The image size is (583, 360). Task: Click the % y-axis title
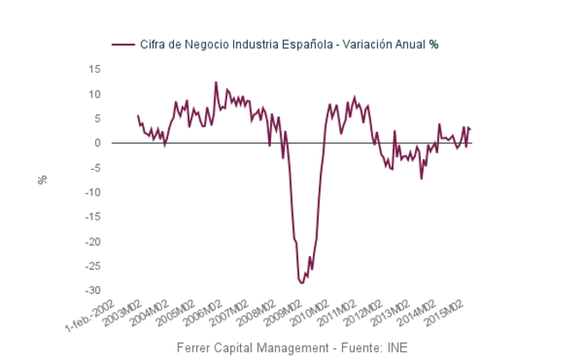coord(41,180)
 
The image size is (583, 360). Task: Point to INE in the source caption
coord(396,348)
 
